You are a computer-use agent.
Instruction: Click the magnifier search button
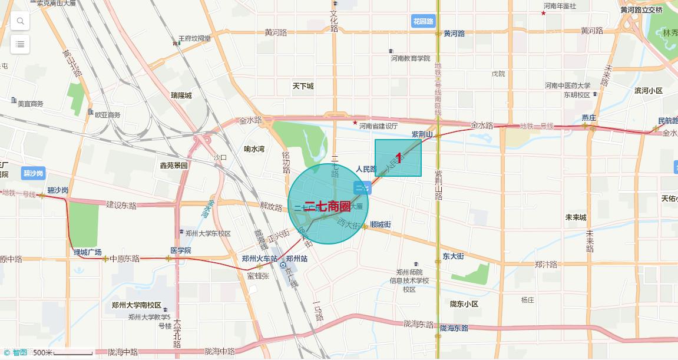20,22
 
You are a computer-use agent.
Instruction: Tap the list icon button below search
20,44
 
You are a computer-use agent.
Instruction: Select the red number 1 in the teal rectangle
399,158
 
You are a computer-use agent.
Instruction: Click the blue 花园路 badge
423,21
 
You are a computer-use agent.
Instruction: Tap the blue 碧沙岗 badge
34,173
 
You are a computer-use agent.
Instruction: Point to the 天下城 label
303,86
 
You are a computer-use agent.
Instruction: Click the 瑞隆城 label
181,95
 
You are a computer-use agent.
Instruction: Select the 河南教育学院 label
411,59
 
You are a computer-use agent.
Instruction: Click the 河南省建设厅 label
379,126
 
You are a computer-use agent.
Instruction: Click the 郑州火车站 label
260,259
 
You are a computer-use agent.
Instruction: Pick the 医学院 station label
180,250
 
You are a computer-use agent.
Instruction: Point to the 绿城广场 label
88,253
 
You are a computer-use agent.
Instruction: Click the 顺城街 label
381,224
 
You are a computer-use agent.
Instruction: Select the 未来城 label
576,217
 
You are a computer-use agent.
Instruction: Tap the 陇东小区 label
464,304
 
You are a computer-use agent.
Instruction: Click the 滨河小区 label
649,91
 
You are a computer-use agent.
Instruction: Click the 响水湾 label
254,149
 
